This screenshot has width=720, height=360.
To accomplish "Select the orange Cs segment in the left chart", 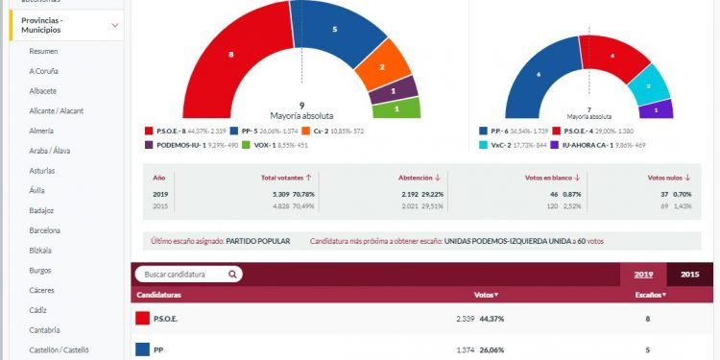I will click(x=382, y=70).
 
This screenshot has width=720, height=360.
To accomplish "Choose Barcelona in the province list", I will click(x=45, y=230).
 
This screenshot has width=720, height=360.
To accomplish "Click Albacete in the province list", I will click(x=44, y=90).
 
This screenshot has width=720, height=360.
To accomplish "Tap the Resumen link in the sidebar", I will click(x=44, y=51).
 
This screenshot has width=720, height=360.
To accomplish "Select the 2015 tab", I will click(x=689, y=275).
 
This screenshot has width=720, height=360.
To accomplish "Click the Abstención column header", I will click(x=420, y=178).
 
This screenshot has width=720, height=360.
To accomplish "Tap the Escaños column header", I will click(x=649, y=294).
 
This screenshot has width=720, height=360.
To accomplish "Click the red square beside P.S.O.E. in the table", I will click(x=142, y=319).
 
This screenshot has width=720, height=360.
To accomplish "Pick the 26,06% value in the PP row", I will click(x=508, y=351).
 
